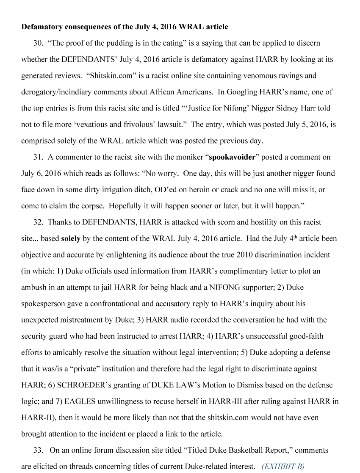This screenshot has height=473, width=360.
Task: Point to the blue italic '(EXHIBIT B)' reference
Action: coord(283,467)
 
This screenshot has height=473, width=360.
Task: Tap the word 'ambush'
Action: coord(33,288)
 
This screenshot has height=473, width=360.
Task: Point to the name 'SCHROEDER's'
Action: coord(77,385)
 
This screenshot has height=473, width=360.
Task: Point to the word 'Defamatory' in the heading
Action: coord(42,27)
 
